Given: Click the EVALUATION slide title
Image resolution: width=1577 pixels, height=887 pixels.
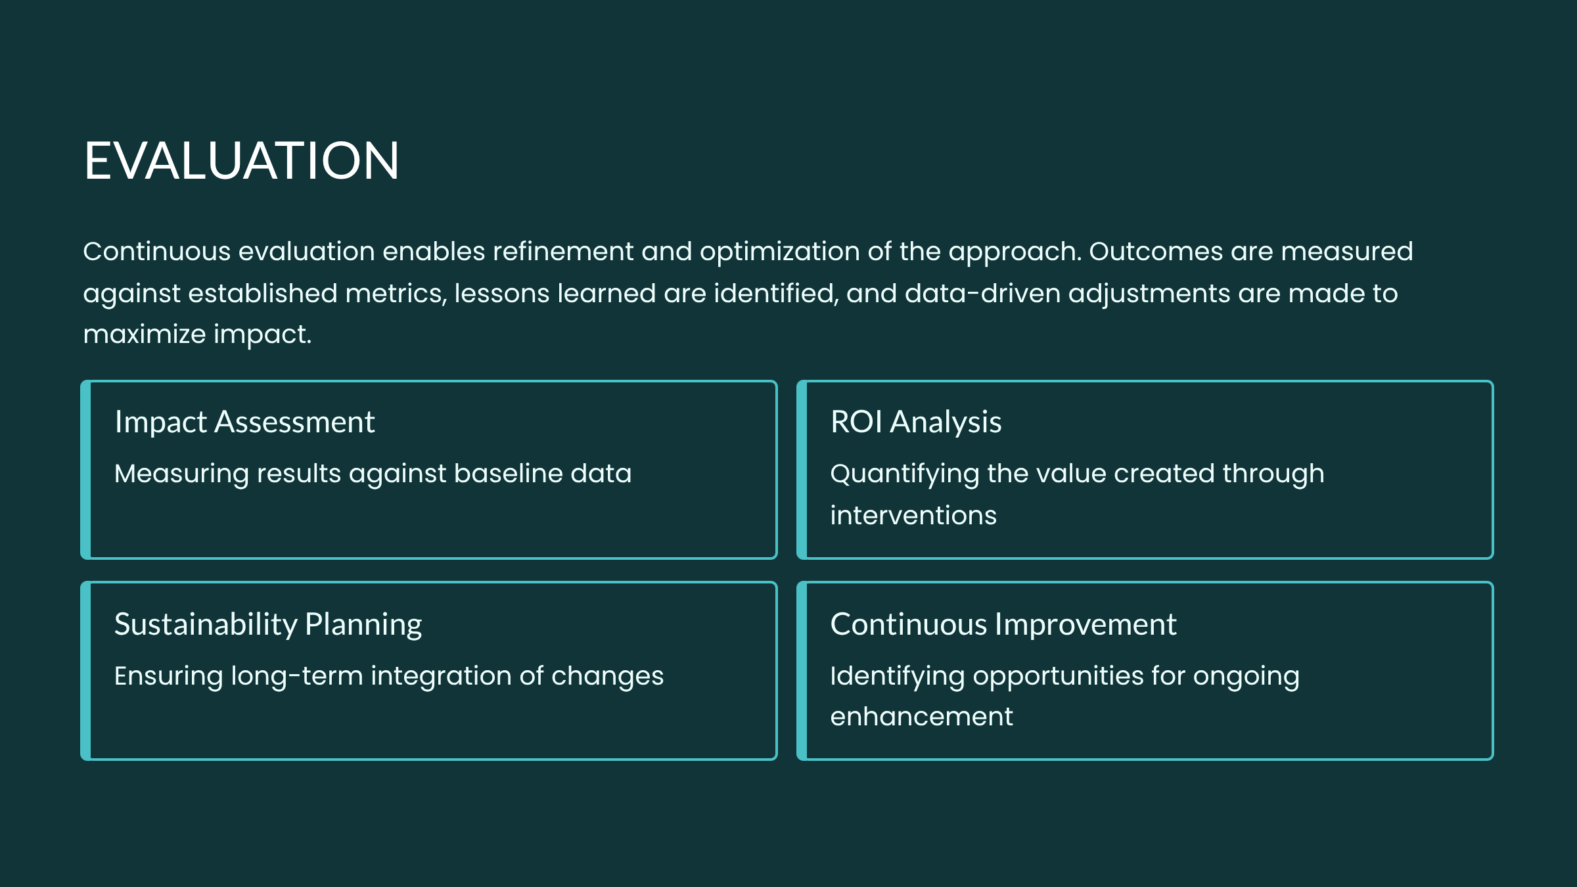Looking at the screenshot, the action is coord(241,160).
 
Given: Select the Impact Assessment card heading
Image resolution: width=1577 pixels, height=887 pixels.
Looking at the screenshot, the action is coord(244,422).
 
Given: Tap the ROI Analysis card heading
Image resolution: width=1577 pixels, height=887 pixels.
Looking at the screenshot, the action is coord(916,422).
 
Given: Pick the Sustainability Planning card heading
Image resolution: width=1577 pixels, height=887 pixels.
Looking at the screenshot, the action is coord(268,625).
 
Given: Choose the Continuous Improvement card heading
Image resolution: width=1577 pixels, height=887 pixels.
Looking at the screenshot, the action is coord(1003,624).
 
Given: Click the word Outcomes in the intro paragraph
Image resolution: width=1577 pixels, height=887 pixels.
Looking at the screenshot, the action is coord(1156,252).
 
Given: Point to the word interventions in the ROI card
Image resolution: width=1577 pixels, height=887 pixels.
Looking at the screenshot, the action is coord(913,516).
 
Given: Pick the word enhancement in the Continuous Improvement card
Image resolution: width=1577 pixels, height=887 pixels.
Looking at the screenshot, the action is coord(921,717).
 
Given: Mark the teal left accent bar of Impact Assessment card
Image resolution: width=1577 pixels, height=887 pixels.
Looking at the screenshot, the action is coord(85,470).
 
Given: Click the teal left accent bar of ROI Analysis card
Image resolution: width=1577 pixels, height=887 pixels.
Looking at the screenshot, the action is coord(802,470).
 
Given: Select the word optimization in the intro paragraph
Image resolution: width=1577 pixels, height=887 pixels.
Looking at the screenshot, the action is coord(779,252).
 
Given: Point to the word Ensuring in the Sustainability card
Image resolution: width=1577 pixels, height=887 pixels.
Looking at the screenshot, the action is coord(168,677).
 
